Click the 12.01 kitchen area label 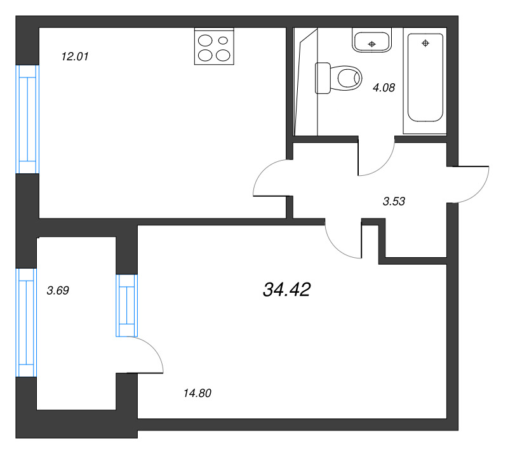click(75, 57)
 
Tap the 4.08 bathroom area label click(384, 88)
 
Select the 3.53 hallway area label click(394, 201)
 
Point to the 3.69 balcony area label click(58, 290)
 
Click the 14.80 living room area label click(197, 393)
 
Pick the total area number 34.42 click(287, 290)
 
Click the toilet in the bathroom click(338, 78)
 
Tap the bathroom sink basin click(372, 40)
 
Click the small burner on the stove click(224, 41)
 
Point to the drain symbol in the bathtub click(425, 43)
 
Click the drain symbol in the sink click(372, 44)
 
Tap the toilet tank click(323, 78)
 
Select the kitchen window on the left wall click(27, 119)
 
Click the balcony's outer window click(26, 323)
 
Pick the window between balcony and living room click(126, 305)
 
